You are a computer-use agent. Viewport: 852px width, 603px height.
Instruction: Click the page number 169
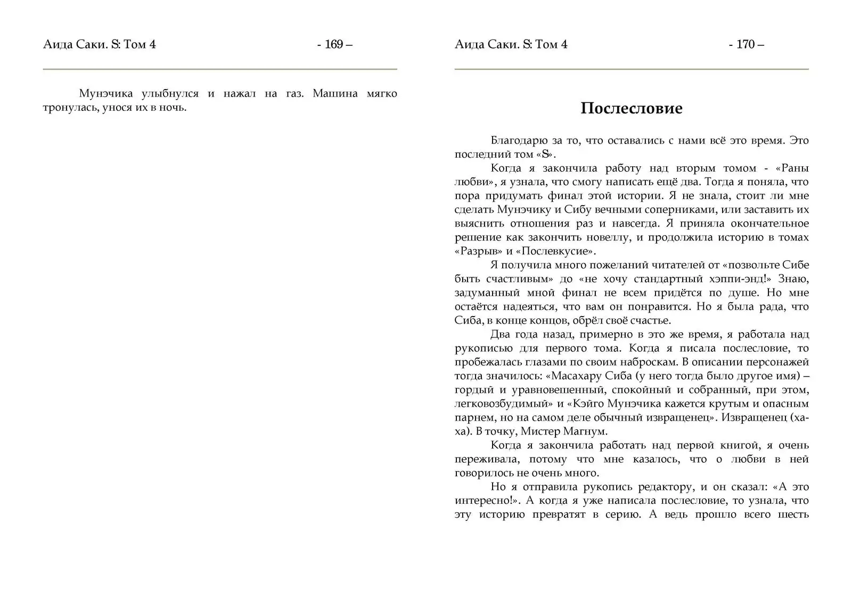click(334, 45)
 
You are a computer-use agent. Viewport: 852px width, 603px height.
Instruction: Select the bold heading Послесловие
click(631, 108)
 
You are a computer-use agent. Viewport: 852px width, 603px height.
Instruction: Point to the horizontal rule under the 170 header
click(631, 69)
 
